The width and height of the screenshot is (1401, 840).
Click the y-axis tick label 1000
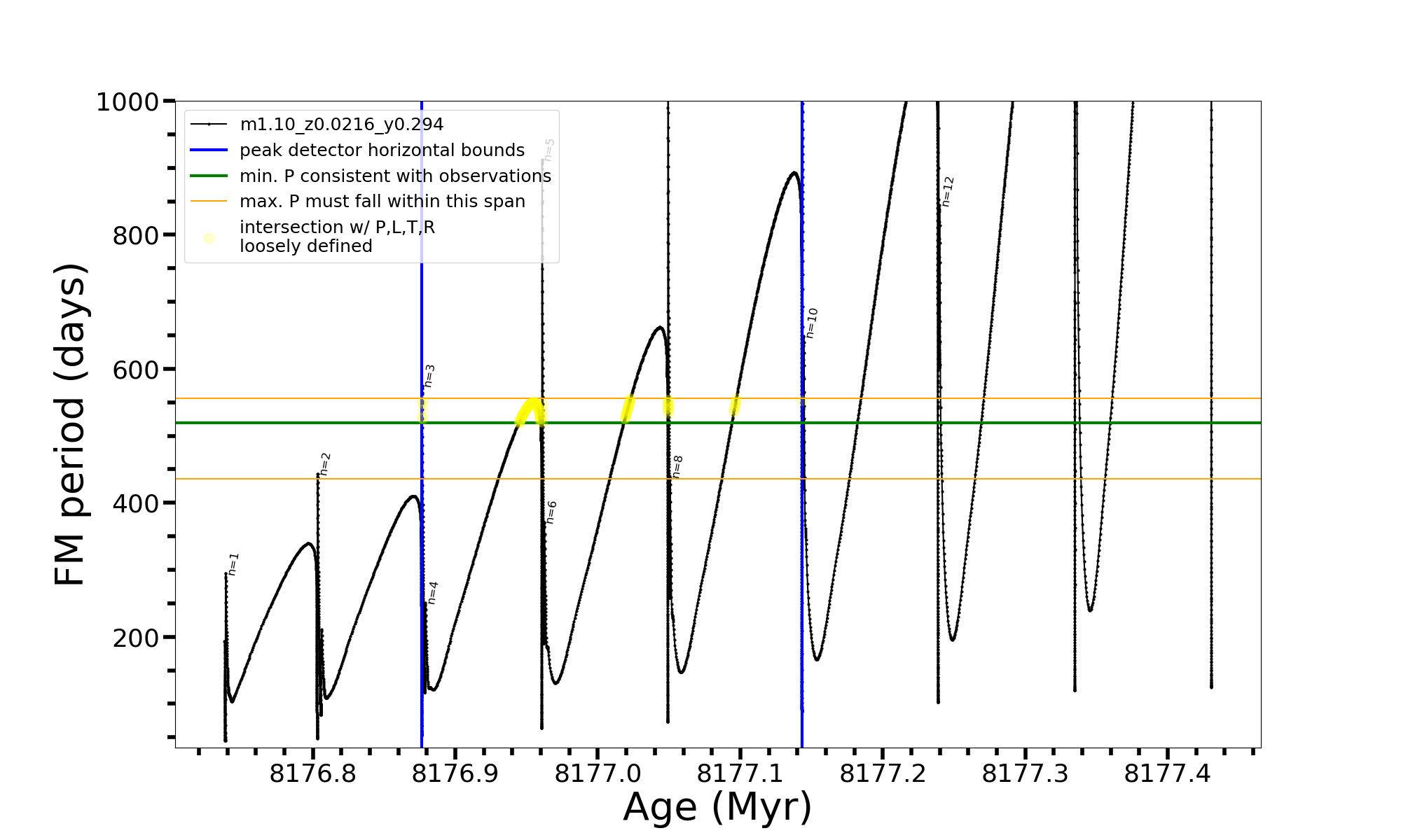click(127, 102)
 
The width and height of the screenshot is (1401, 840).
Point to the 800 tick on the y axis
click(135, 236)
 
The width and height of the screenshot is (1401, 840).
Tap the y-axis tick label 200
click(135, 638)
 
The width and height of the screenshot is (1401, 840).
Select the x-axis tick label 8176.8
click(312, 773)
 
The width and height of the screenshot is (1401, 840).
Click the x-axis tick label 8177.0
click(598, 773)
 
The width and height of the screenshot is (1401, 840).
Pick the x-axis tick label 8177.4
click(1167, 773)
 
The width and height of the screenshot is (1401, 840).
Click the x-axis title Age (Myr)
click(717, 807)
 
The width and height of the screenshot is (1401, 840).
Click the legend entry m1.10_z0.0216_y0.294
click(341, 125)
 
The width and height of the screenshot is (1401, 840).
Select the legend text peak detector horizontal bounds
click(382, 150)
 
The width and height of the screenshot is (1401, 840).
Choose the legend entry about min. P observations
click(395, 176)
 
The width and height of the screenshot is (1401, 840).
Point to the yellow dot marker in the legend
click(209, 238)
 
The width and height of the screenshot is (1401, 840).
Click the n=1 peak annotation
click(234, 564)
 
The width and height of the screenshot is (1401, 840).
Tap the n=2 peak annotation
click(325, 464)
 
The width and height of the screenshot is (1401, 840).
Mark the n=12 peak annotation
click(948, 191)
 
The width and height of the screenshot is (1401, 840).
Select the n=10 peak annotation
click(811, 323)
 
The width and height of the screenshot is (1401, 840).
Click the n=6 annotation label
click(551, 512)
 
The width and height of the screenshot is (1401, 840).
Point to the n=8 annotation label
click(677, 466)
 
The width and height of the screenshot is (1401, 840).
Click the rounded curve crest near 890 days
click(793, 173)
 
